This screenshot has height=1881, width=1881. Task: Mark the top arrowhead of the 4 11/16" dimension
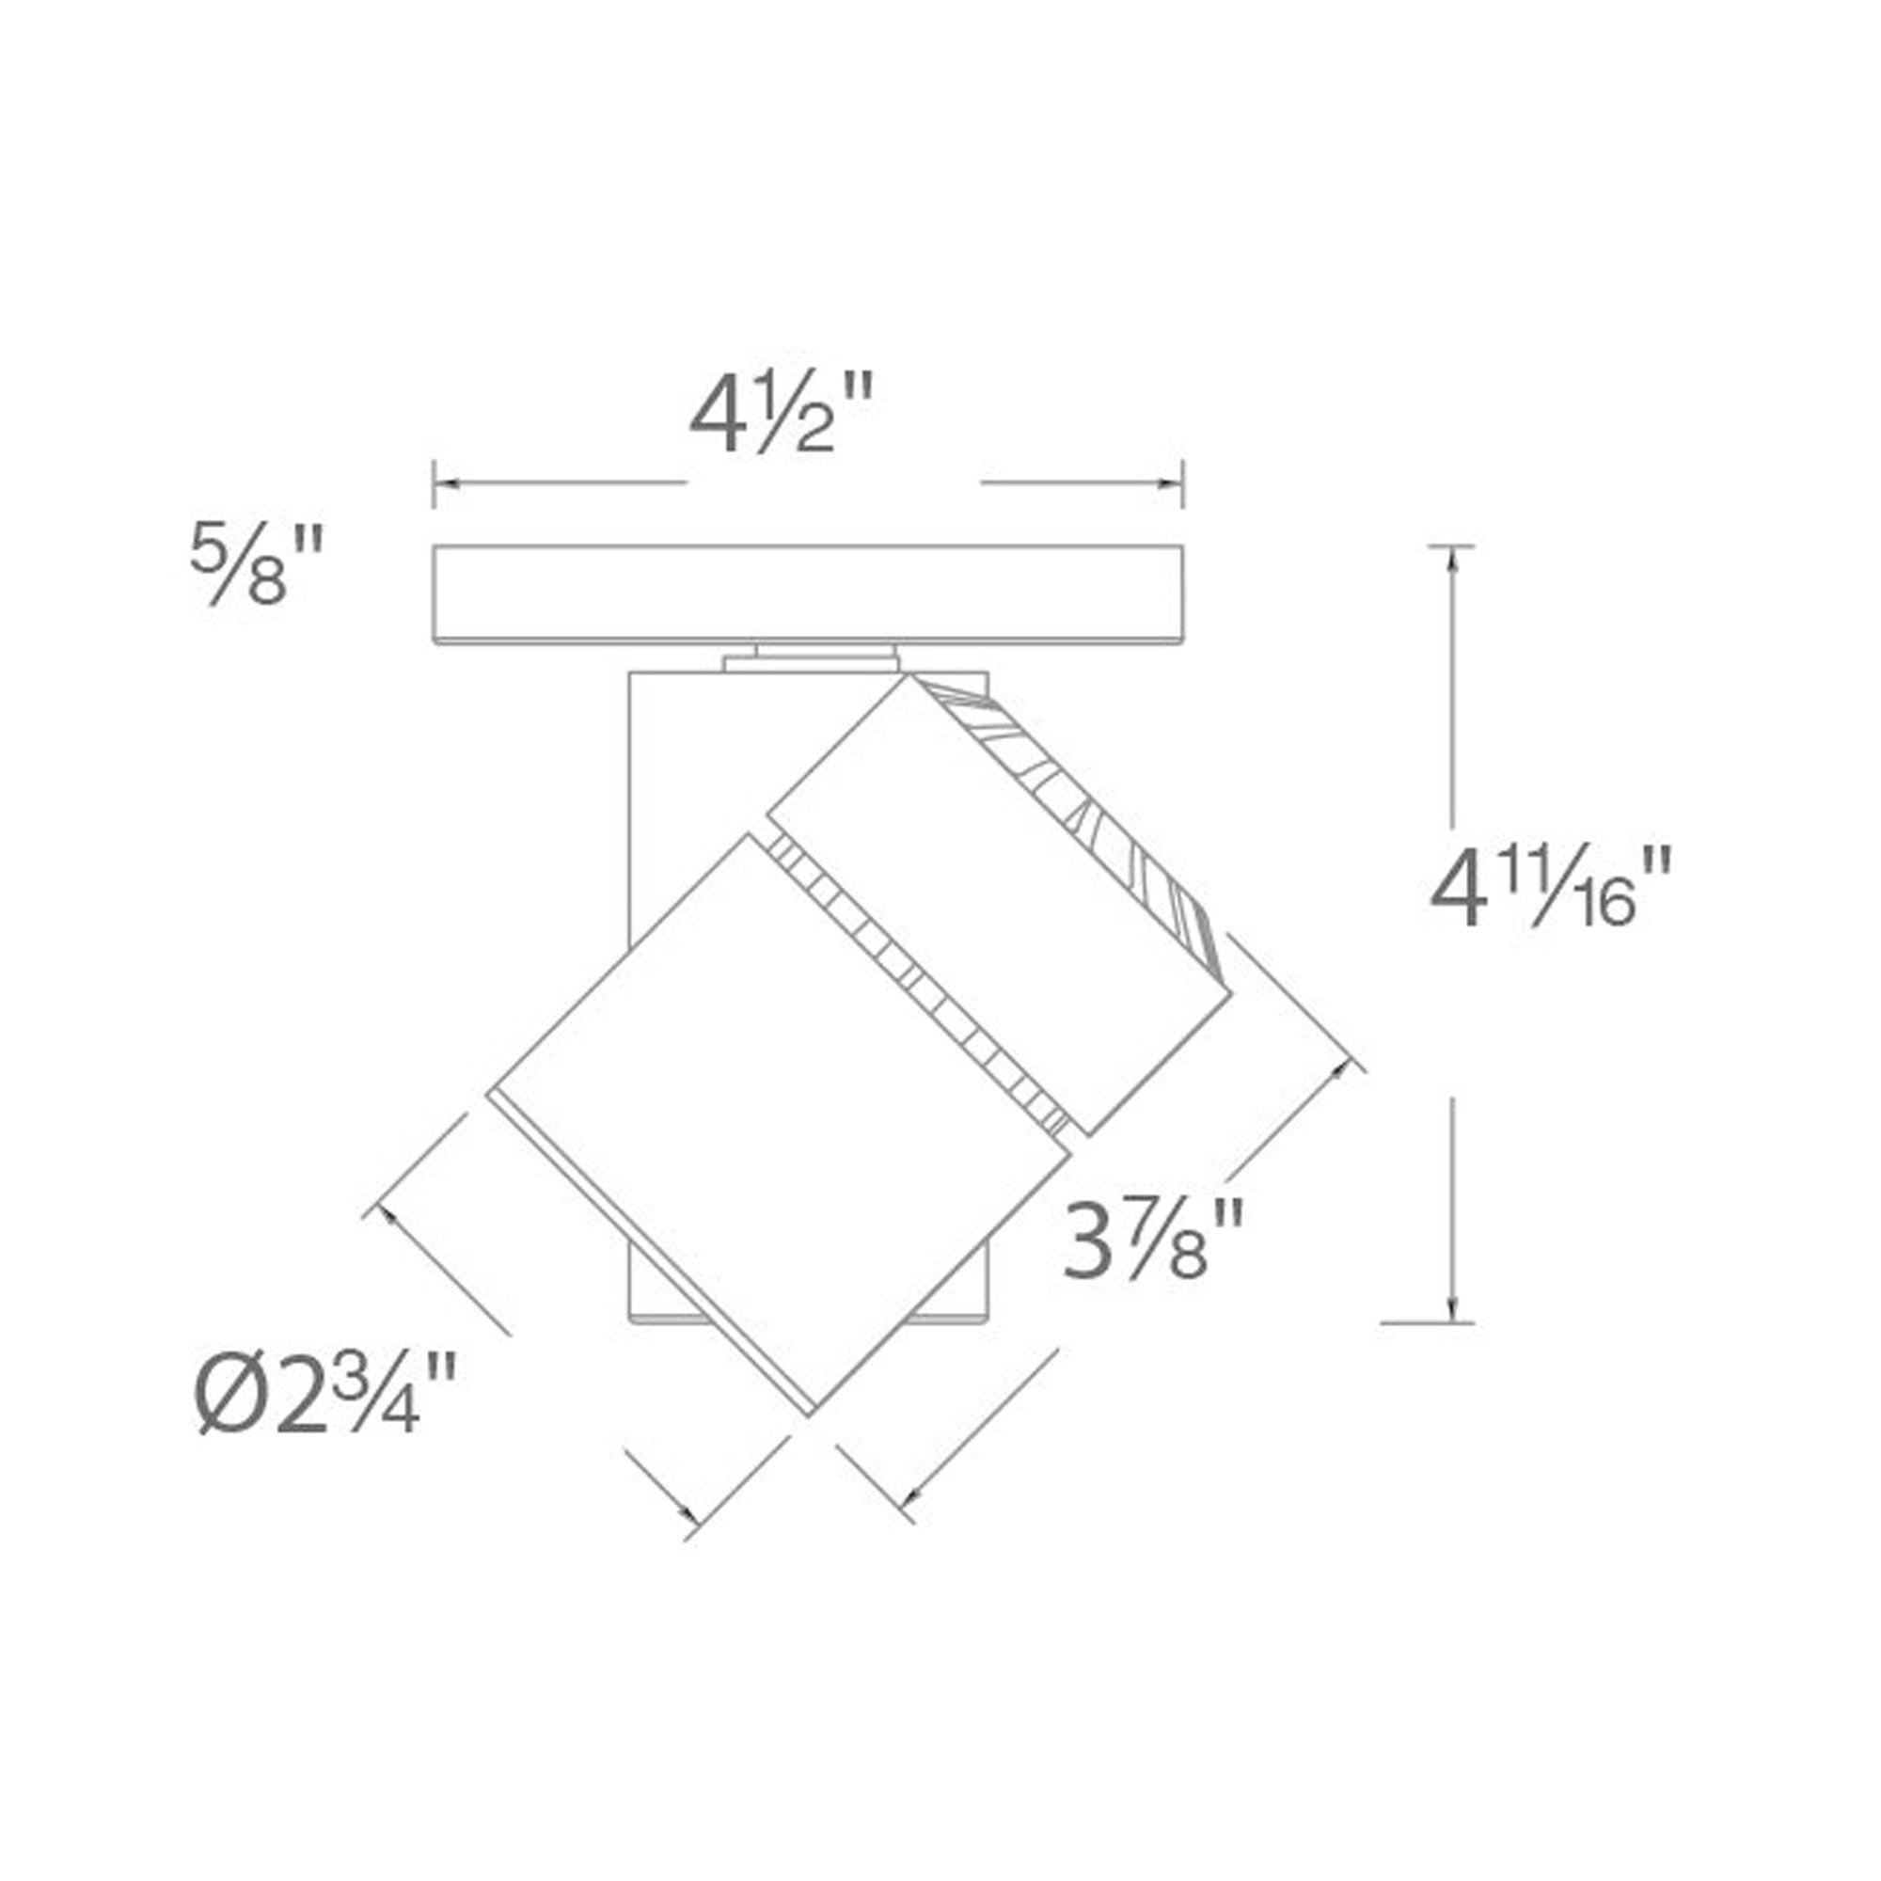(1454, 561)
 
